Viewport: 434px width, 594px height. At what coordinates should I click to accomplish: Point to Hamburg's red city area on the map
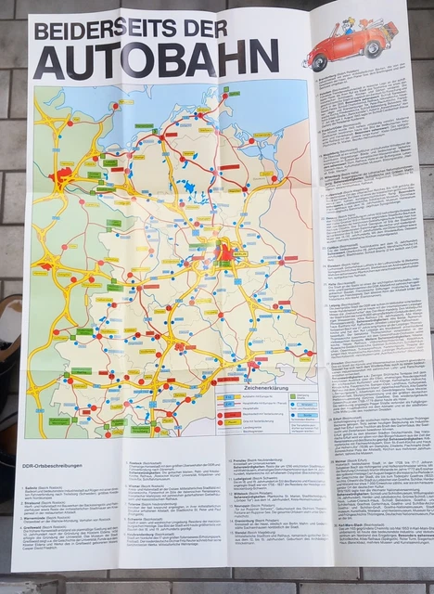(x=63, y=175)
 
